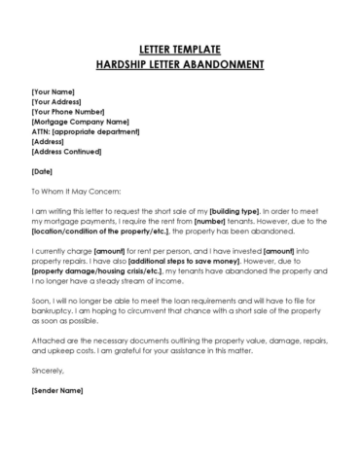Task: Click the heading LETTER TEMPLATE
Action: click(180, 48)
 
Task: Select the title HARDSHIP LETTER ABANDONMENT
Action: click(180, 65)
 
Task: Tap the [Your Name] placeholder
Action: click(53, 91)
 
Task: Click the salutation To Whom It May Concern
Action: click(76, 192)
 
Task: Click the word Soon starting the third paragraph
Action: click(42, 303)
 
